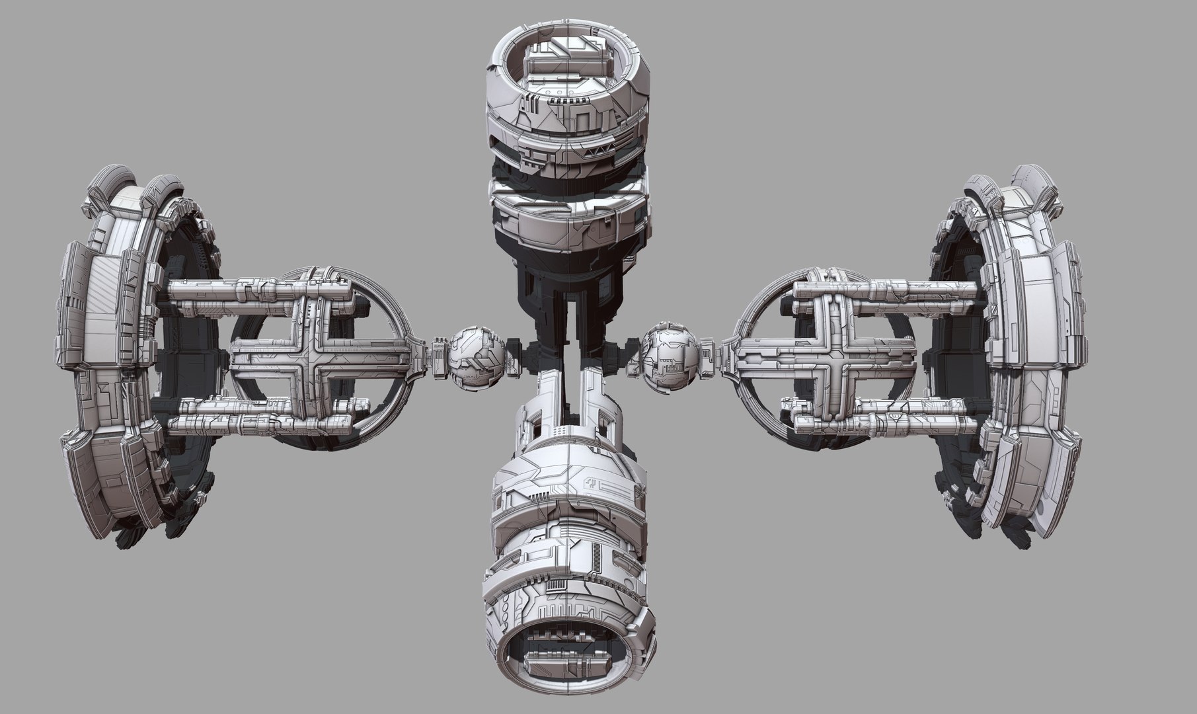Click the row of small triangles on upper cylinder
pos(594,151)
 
